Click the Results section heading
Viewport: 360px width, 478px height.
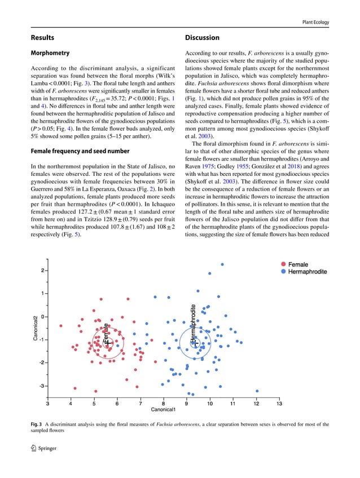click(42, 38)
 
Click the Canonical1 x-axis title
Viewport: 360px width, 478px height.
click(164, 409)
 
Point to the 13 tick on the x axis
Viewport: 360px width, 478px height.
click(279, 403)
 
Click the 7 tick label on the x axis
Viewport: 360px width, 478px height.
click(140, 403)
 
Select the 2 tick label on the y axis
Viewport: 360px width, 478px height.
click(42, 270)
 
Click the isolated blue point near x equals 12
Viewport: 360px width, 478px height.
click(257, 391)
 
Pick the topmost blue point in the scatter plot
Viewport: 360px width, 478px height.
click(222, 264)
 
